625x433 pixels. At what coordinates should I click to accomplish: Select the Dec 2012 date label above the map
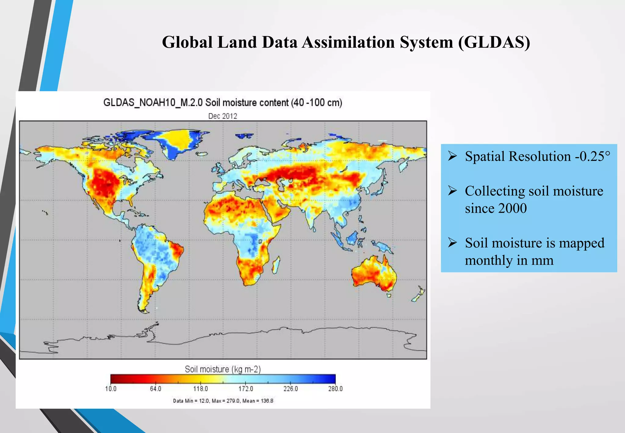click(222, 116)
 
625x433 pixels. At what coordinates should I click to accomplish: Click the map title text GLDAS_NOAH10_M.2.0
click(153, 103)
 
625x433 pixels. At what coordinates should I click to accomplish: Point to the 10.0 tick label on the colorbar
click(110, 389)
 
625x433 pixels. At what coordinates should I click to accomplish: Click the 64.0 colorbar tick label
click(155, 389)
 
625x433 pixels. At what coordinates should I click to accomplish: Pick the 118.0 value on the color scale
click(201, 389)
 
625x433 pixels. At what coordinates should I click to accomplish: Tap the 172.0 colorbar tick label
click(246, 389)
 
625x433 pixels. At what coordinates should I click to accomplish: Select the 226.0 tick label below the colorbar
click(291, 389)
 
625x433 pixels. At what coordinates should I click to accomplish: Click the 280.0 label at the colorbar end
click(335, 389)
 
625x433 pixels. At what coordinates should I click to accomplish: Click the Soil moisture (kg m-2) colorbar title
click(222, 369)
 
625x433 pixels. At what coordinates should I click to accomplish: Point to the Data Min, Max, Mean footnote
click(223, 401)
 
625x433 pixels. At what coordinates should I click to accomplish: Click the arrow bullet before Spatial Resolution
click(452, 156)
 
